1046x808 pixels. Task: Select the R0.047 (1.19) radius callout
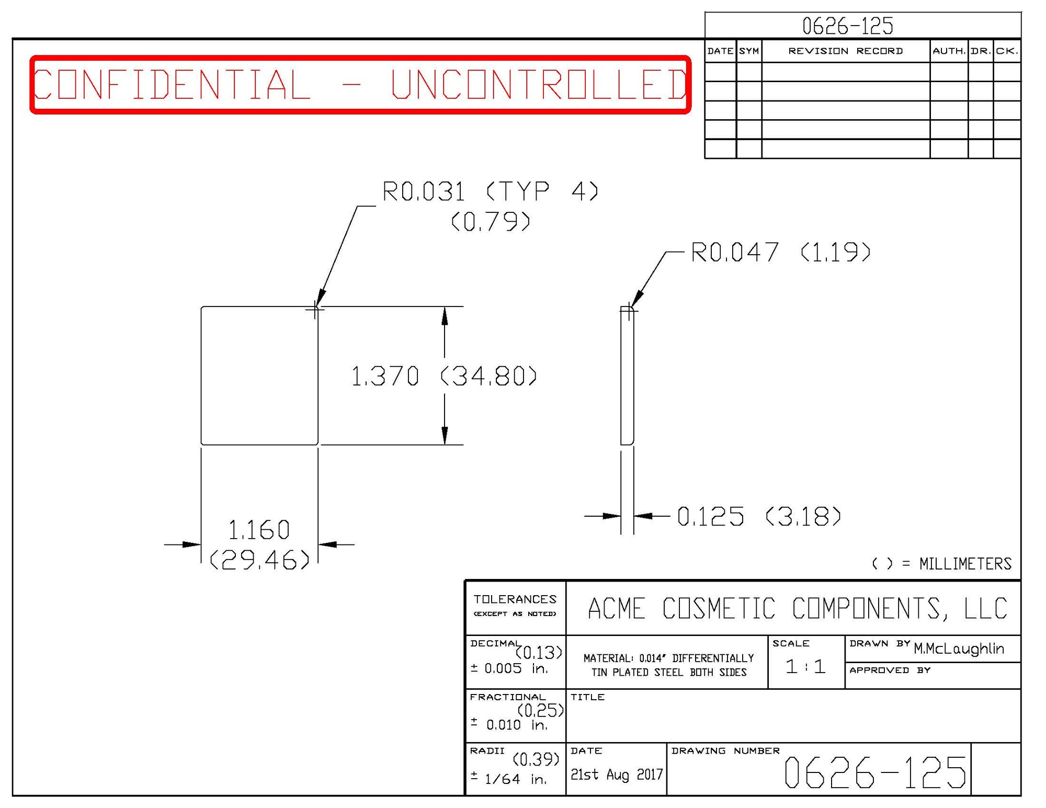pos(780,253)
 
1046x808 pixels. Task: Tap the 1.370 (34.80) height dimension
pos(444,377)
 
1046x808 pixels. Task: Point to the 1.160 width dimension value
pos(259,530)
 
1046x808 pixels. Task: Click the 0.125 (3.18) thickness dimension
pos(758,517)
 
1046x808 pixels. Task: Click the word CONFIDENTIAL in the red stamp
pos(172,85)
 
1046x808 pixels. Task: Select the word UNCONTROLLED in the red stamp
pos(539,85)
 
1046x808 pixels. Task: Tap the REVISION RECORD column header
pos(845,51)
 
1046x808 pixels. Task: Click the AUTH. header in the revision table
pos(948,51)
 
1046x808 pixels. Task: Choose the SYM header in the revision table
pos(748,51)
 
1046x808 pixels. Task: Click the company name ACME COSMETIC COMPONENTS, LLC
pos(797,609)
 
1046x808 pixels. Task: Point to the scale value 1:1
pos(805,667)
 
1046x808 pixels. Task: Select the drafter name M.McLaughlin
pos(959,649)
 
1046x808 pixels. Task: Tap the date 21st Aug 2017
pos(616,775)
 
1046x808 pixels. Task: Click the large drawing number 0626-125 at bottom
pos(874,772)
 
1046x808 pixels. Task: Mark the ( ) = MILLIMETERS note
pos(941,564)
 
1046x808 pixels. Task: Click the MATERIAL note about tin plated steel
pos(668,665)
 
